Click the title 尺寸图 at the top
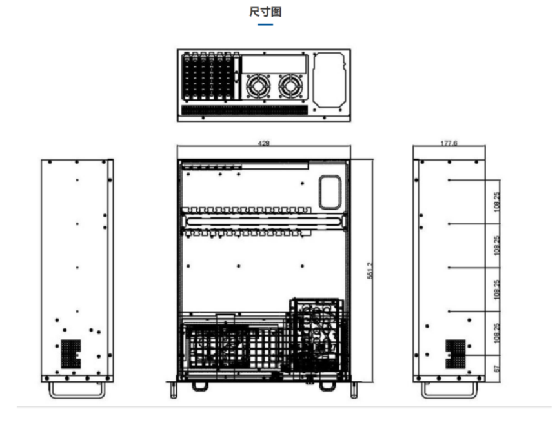[x=265, y=12]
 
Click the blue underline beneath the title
[x=265, y=25]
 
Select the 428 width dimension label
[x=263, y=143]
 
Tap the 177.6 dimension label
[x=449, y=143]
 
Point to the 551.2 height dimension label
[x=370, y=271]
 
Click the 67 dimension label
[x=497, y=369]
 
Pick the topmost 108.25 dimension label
[x=496, y=202]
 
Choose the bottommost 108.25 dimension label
[x=496, y=333]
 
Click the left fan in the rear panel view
[x=258, y=86]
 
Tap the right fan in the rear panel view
[x=291, y=86]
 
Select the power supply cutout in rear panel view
[x=329, y=80]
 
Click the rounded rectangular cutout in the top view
[x=330, y=192]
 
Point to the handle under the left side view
[x=77, y=390]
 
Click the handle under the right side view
[x=449, y=390]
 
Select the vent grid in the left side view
[x=71, y=354]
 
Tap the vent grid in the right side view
[x=456, y=354]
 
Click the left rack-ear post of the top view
[x=174, y=390]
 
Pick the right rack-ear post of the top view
[x=354, y=390]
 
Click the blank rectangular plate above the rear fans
[x=274, y=65]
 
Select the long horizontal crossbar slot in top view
[x=263, y=222]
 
